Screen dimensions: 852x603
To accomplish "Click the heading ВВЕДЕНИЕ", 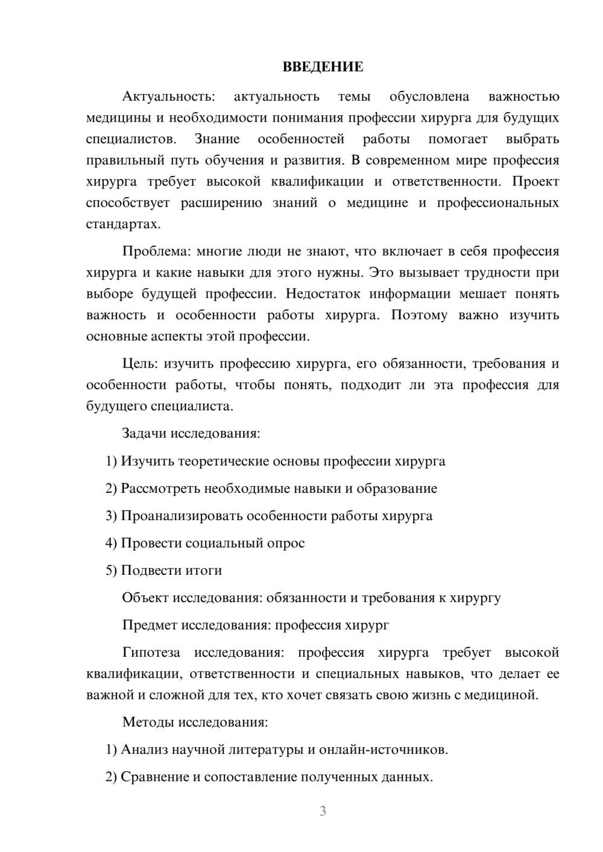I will click(323, 67).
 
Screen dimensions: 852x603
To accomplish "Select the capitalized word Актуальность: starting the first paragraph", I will click(168, 96).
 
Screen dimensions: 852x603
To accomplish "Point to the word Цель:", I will click(140, 363).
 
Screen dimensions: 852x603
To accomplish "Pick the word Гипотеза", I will click(151, 653).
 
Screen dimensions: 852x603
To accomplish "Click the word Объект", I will click(145, 598).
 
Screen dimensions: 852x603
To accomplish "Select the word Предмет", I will click(149, 625).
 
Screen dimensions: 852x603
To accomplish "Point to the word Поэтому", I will click(419, 315).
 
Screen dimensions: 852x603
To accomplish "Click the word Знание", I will click(217, 139).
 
